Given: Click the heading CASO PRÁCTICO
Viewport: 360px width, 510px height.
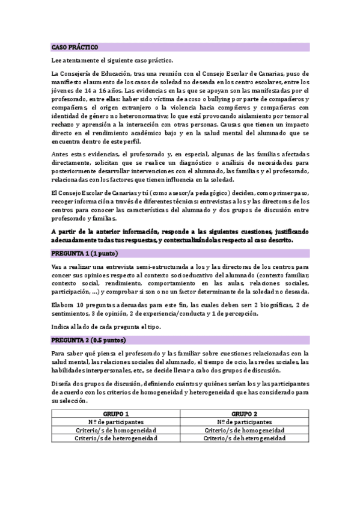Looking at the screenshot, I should tap(75, 47).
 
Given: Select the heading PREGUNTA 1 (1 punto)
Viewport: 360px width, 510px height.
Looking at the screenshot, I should tap(85, 253).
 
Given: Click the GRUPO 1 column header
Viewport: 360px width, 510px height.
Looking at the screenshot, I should tap(117, 414).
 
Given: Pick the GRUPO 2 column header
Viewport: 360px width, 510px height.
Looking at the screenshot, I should tap(244, 414).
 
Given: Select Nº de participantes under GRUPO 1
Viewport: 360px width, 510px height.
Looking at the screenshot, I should tap(117, 422).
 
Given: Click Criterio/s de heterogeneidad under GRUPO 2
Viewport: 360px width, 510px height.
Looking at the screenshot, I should tap(244, 438).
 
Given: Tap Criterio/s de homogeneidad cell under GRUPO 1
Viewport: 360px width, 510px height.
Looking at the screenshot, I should tap(117, 431).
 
